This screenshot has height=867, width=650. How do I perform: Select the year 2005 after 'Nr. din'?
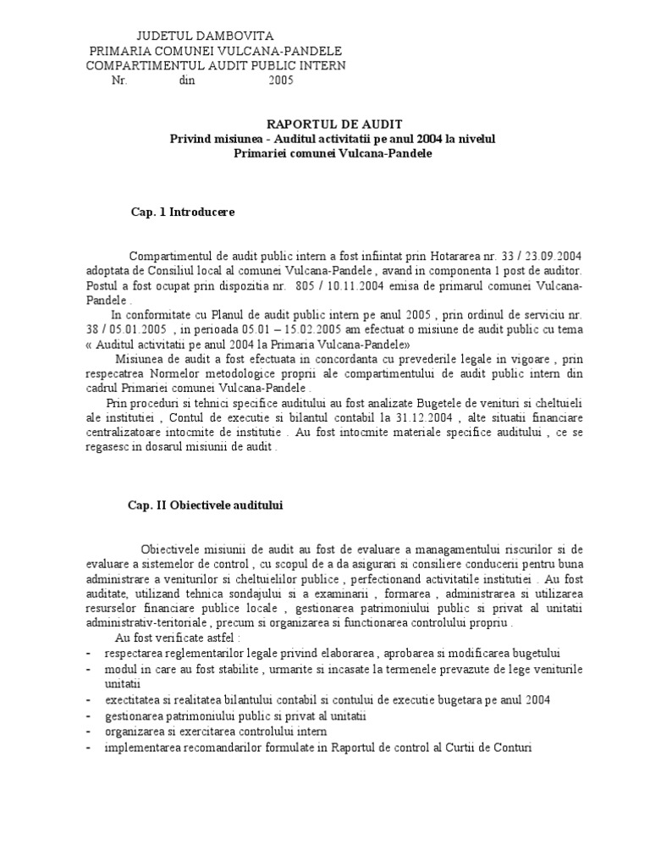tap(282, 81)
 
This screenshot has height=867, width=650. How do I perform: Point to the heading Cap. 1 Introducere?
tap(183, 212)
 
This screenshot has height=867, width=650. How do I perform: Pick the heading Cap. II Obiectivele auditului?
tap(205, 505)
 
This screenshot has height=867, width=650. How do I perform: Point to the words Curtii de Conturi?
tap(488, 748)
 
